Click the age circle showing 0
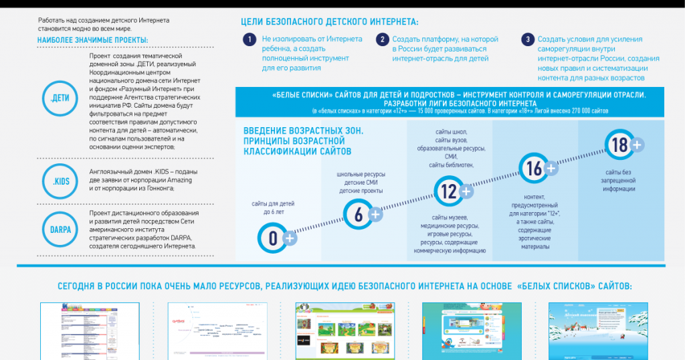tap(273, 238)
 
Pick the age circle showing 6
tap(358, 214)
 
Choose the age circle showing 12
tap(448, 192)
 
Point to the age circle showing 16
tap(534, 169)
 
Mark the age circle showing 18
tap(619, 145)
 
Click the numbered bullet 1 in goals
tap(249, 40)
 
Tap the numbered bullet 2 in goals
tap(382, 40)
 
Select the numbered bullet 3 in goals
tap(528, 40)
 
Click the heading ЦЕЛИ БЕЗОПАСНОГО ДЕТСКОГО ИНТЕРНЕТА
tap(330, 22)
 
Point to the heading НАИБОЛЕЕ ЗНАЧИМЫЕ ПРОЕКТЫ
tap(93, 40)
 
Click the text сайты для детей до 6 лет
tap(272, 207)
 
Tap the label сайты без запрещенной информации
tap(617, 180)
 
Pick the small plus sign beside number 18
tap(637, 145)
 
